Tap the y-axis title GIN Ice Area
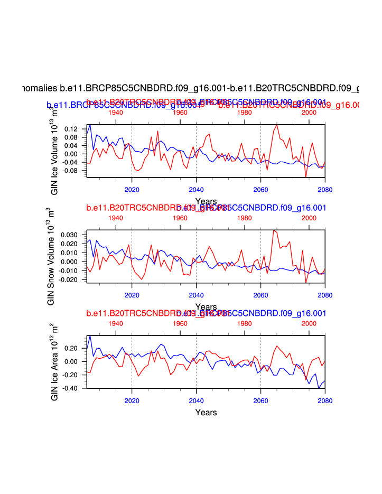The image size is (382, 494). click(x=55, y=361)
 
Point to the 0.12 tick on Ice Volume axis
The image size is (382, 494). click(x=70, y=129)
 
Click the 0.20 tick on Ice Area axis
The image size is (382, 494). click(x=72, y=348)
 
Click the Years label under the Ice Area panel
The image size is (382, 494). click(x=206, y=412)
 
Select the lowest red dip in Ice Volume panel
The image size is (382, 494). click(x=305, y=177)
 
